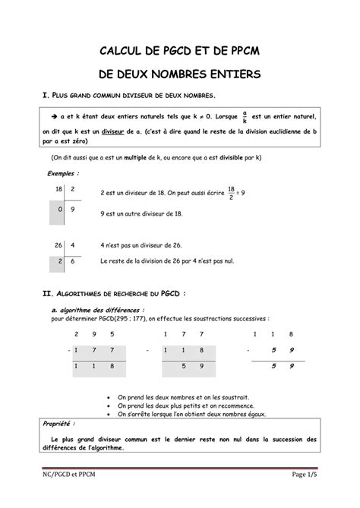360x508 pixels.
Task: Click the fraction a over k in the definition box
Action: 244,118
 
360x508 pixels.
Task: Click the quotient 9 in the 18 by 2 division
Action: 71,208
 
